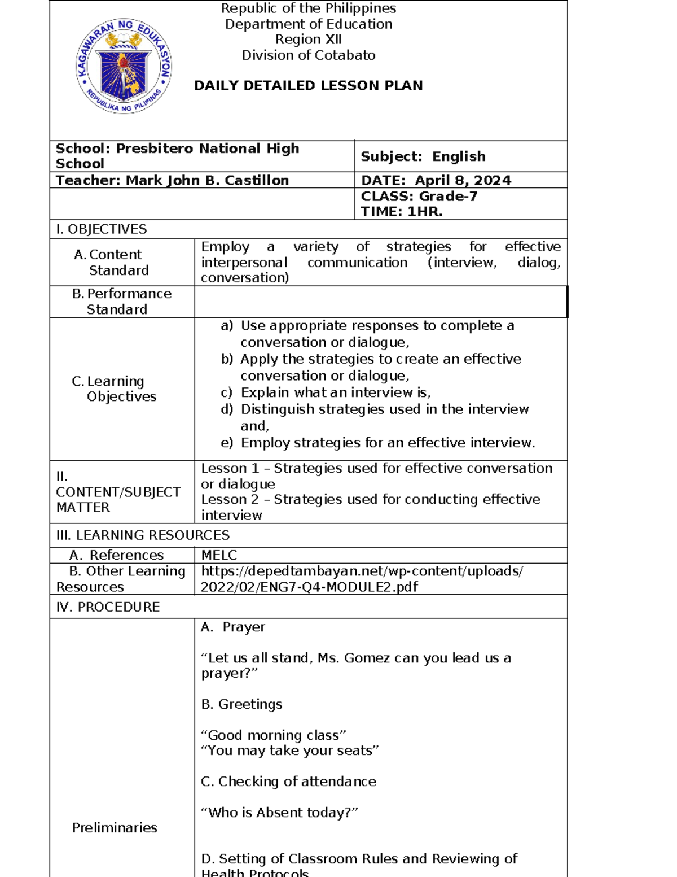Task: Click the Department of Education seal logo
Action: pyautogui.click(x=124, y=66)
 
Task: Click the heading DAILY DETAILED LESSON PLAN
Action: pyautogui.click(x=308, y=86)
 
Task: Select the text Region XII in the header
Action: pyautogui.click(x=308, y=40)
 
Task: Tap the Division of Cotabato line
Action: pyautogui.click(x=308, y=55)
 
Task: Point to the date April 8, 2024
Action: pyautogui.click(x=463, y=180)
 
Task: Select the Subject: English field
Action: pyautogui.click(x=423, y=156)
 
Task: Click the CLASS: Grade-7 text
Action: pyautogui.click(x=419, y=196)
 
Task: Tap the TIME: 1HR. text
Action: pyautogui.click(x=401, y=212)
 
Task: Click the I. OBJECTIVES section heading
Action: pyautogui.click(x=101, y=229)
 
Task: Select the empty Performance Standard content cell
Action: pyautogui.click(x=380, y=302)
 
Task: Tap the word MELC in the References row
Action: pyautogui.click(x=219, y=555)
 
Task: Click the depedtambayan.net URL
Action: pyautogui.click(x=361, y=579)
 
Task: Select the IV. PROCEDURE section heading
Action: pyautogui.click(x=108, y=607)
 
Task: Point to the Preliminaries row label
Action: pyautogui.click(x=115, y=828)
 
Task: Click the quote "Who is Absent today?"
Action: pyautogui.click(x=279, y=813)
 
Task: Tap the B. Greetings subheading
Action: pyautogui.click(x=241, y=704)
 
